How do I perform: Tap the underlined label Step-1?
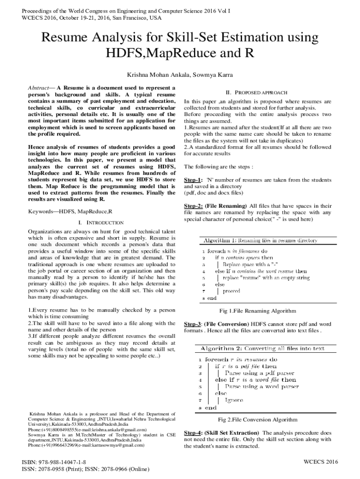[193, 180]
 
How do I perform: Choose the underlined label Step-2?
[193, 206]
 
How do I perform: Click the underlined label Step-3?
[193, 324]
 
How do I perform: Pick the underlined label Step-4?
[193, 433]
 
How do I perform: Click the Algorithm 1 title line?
[260, 240]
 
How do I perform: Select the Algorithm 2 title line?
[262, 348]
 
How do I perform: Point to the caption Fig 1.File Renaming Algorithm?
[258, 311]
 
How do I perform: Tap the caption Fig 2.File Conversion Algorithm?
[258, 420]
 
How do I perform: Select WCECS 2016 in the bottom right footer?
[320, 462]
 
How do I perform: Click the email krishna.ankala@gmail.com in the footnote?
[118, 429]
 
